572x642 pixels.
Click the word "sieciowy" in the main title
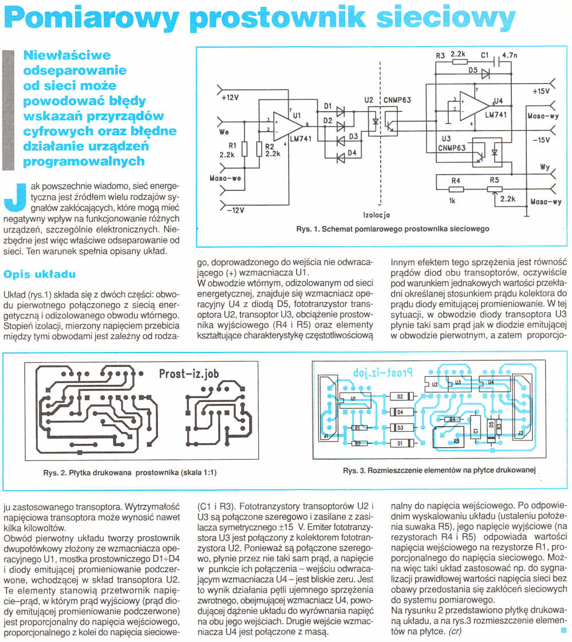446,19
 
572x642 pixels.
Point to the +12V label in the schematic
230,98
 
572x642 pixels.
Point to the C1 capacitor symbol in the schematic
494,61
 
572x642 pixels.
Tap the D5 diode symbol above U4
485,73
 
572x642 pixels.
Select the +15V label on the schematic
541,92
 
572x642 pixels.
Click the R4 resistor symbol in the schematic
456,190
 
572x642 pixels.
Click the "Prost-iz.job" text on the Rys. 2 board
188,375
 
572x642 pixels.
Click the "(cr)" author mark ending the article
455,632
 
